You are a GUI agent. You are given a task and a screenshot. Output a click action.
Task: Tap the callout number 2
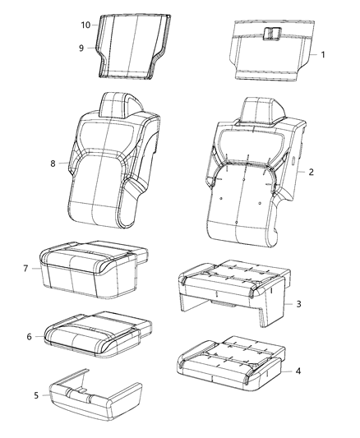[x=312, y=172]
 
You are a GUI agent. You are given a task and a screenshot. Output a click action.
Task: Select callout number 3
[x=300, y=304]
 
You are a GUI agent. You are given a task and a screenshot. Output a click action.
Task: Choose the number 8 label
[x=53, y=164]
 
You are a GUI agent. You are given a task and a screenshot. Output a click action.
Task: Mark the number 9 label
[x=82, y=48]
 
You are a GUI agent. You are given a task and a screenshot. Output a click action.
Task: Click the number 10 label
[x=85, y=25]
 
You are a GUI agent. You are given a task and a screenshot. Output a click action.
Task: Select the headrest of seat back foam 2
[x=253, y=108]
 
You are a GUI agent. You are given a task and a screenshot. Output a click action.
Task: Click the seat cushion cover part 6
[x=95, y=330]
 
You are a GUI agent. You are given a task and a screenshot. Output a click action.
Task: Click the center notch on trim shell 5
[x=83, y=385]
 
